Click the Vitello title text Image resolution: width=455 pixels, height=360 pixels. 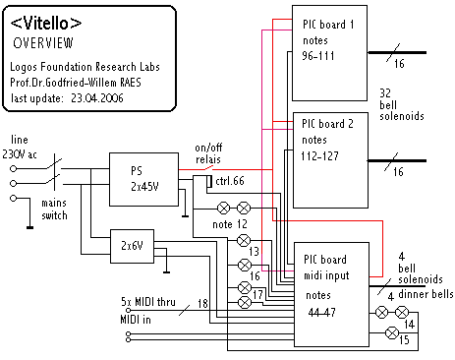point(46,24)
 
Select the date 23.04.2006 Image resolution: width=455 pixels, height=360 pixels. point(97,98)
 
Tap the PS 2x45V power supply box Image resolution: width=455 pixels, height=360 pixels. point(143,179)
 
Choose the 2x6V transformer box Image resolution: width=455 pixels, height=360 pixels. point(132,246)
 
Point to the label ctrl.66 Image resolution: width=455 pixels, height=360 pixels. point(230,181)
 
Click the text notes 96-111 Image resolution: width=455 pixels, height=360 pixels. point(317,48)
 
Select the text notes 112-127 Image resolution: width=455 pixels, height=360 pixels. point(319,148)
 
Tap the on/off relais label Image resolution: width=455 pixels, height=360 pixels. point(208,153)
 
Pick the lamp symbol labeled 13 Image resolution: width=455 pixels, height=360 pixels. point(244,241)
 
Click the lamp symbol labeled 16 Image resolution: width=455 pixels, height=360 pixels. point(245,265)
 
